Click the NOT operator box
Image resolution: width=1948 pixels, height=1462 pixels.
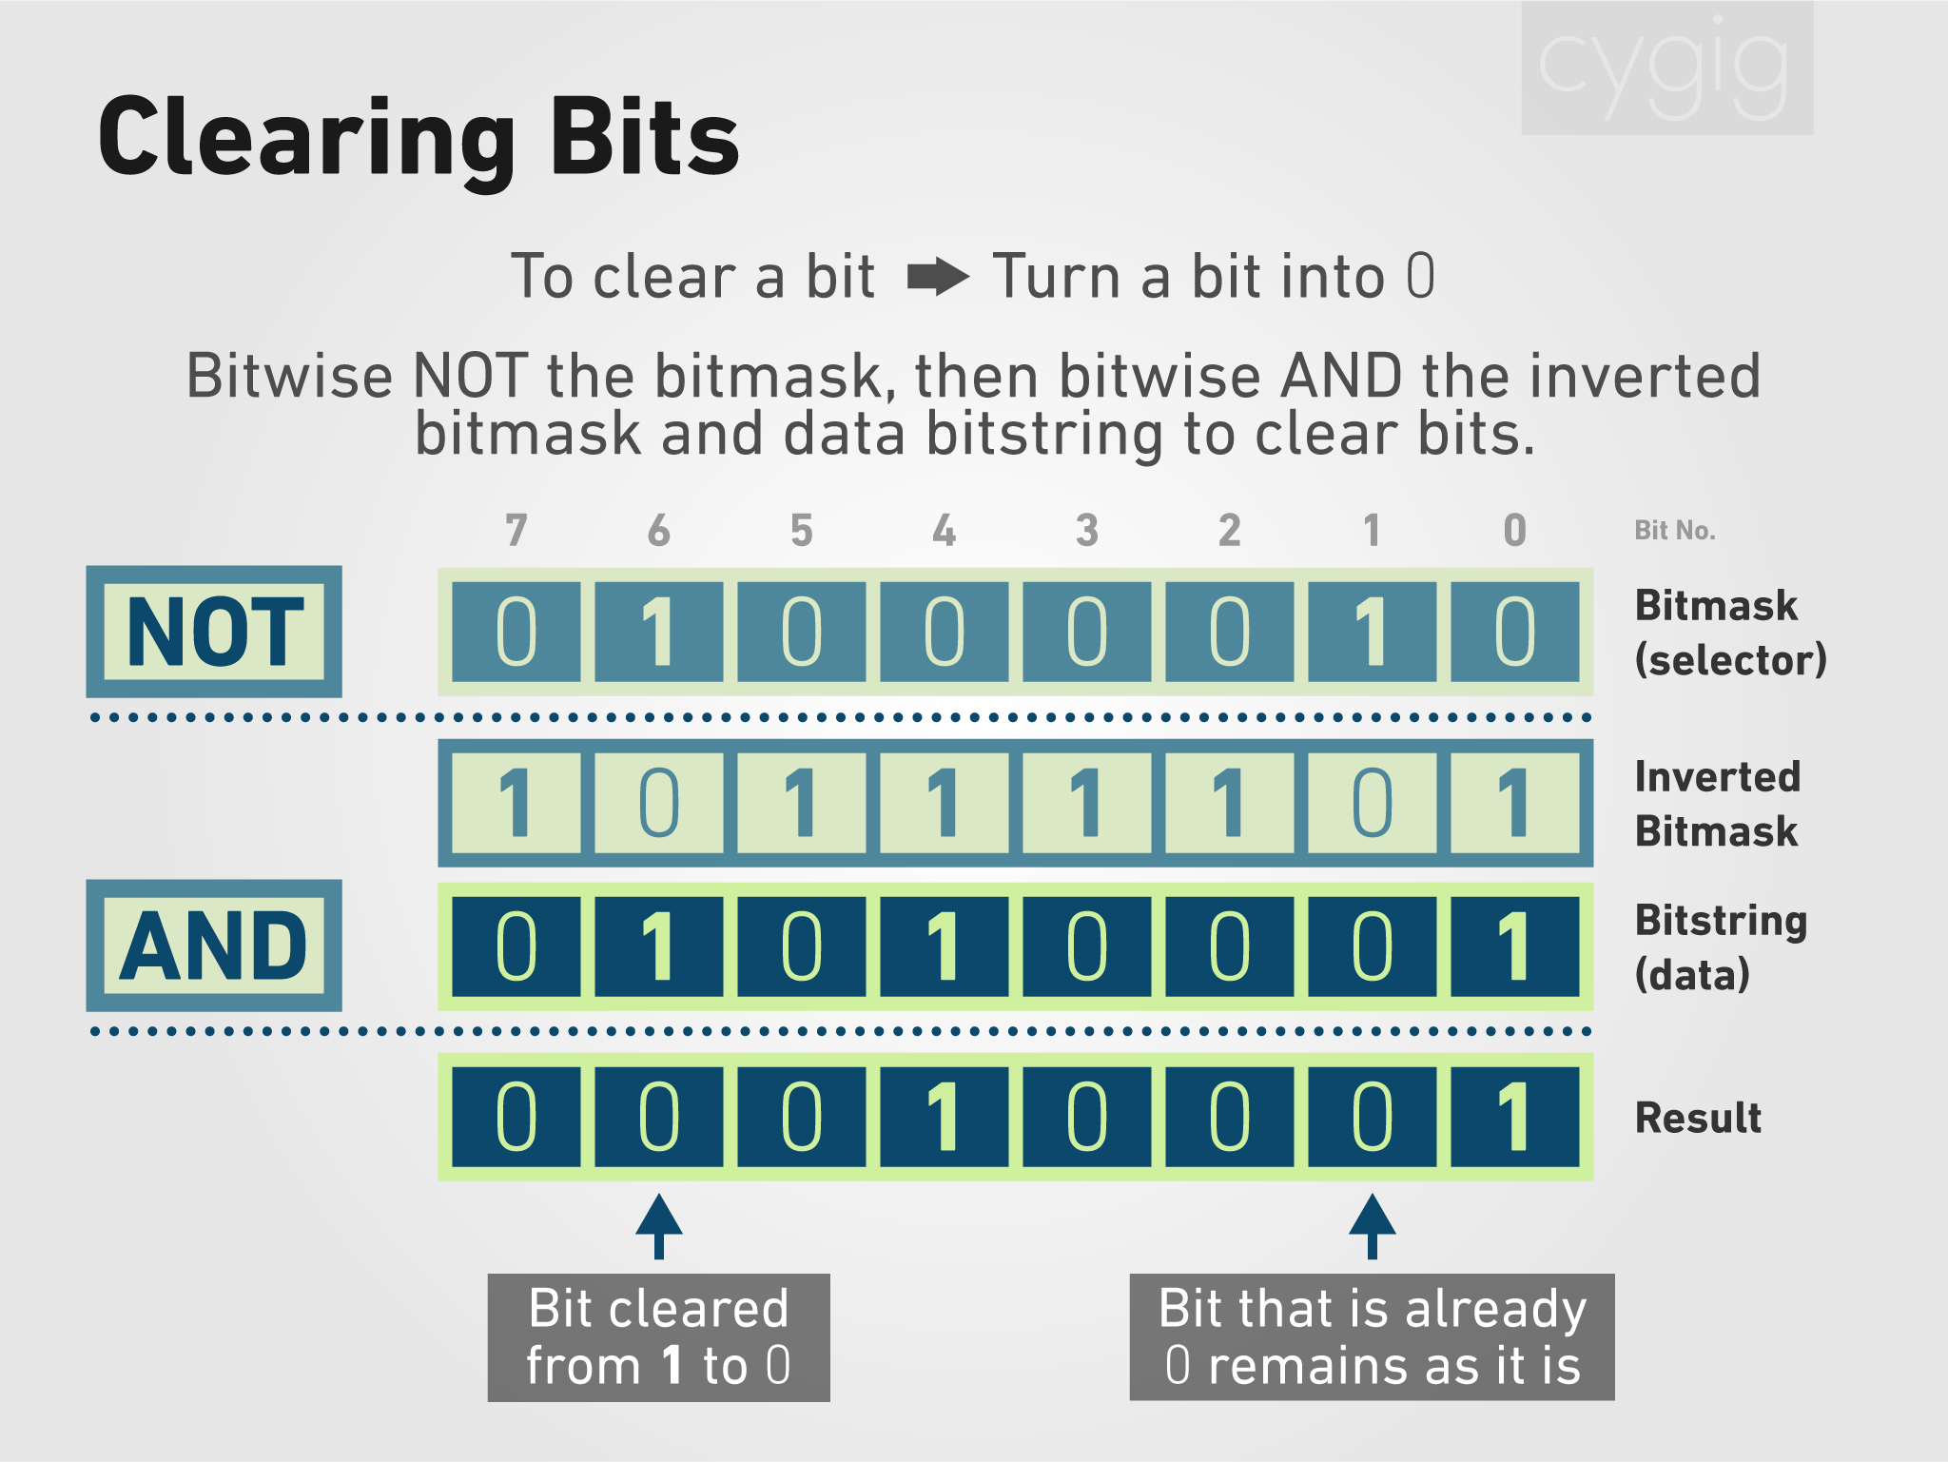[214, 632]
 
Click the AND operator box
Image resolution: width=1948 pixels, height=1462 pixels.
[214, 945]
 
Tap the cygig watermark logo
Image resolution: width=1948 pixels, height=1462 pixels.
[1667, 68]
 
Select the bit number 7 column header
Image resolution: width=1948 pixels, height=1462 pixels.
[516, 530]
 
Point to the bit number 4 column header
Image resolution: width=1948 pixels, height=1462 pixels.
[945, 530]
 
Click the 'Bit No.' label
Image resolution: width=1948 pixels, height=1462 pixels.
[1675, 531]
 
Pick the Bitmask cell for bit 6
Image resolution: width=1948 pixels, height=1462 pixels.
[659, 632]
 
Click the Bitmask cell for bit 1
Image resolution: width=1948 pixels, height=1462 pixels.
[1373, 632]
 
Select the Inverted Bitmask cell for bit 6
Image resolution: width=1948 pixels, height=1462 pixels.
[659, 803]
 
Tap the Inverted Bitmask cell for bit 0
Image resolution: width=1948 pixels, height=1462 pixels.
[1515, 803]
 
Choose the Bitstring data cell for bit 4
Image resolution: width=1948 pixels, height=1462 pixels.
[945, 946]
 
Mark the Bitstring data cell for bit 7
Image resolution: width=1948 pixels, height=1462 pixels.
[516, 946]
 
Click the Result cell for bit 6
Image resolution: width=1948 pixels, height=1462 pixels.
[659, 1117]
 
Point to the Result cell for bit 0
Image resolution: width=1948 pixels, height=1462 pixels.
[1515, 1117]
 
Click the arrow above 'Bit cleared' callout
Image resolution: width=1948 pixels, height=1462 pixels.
[659, 1227]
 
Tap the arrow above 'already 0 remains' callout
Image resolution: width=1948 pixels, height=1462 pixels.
[1373, 1227]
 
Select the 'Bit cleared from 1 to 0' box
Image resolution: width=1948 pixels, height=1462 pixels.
[659, 1337]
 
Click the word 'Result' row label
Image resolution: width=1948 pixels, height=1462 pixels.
[1698, 1118]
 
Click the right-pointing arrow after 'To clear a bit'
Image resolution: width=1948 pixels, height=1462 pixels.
[938, 278]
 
